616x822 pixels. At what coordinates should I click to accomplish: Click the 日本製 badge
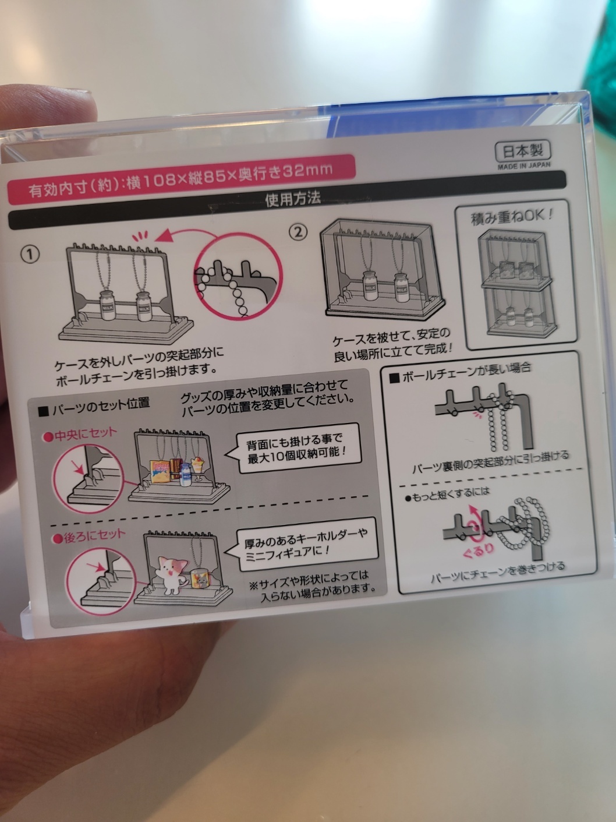523,151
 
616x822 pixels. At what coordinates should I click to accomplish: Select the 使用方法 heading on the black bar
293,199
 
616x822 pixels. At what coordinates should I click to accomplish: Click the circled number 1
30,255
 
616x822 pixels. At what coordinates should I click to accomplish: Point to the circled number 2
299,232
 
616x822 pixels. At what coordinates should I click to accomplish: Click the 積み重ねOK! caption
512,217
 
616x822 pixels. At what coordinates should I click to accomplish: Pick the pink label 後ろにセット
89,537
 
